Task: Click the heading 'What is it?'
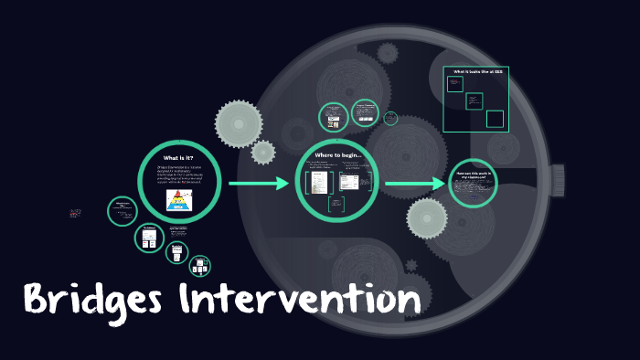[179, 158]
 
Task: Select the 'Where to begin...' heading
[337, 155]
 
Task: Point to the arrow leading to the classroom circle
[415, 185]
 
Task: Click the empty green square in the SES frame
[495, 119]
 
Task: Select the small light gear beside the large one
[263, 152]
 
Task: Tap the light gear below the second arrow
[426, 218]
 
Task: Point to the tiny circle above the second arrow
[391, 118]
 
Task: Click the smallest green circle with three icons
[199, 266]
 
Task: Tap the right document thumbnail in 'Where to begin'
[348, 182]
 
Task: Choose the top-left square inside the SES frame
[454, 83]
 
